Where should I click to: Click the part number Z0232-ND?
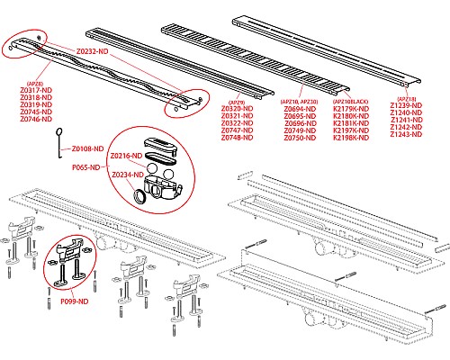pyautogui.click(x=93, y=53)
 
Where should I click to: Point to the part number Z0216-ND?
pyautogui.click(x=125, y=156)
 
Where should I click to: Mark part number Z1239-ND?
pyautogui.click(x=407, y=105)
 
